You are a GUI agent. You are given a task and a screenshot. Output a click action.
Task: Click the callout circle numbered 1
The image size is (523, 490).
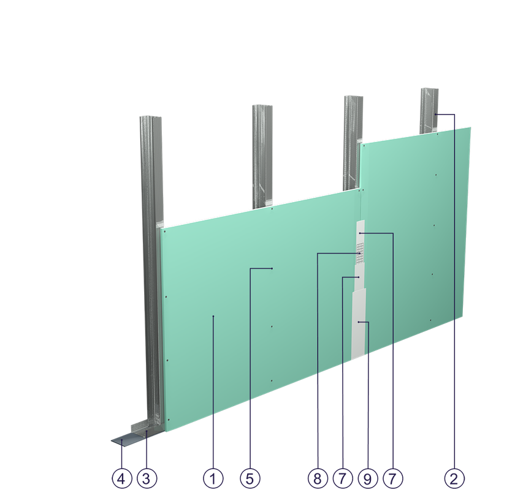[x=213, y=479]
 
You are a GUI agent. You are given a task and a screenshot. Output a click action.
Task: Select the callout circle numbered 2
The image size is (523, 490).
[x=454, y=479]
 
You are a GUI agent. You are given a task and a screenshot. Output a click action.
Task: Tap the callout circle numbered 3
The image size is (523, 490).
[x=147, y=479]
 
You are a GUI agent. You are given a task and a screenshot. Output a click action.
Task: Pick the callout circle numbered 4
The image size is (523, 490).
[x=122, y=479]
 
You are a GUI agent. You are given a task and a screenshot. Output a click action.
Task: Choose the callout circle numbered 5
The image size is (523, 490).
[x=250, y=479]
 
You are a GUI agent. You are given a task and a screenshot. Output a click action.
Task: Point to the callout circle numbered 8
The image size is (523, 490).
[x=318, y=479]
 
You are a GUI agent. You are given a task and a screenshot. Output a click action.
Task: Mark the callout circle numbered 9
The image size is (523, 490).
[x=367, y=479]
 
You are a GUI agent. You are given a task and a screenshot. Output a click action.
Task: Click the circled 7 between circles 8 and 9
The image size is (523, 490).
[x=343, y=479]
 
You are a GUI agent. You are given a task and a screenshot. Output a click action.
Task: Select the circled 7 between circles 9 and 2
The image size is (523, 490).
[x=393, y=479]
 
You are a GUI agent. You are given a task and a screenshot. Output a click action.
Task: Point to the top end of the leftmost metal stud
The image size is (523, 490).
[x=150, y=118]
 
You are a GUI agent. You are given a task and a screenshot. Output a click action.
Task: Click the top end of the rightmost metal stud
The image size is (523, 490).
[x=429, y=90]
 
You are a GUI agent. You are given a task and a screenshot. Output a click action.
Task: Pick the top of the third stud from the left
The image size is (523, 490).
[x=354, y=97]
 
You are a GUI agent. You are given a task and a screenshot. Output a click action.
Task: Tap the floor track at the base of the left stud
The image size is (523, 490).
[x=147, y=429]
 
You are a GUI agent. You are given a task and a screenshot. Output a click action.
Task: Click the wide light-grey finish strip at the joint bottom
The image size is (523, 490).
[x=359, y=324]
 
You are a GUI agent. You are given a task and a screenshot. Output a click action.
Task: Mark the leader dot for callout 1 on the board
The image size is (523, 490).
[x=213, y=316]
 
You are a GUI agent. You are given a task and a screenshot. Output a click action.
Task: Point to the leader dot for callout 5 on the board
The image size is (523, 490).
[x=272, y=268]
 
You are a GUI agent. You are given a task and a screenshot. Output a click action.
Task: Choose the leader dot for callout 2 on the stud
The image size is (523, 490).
[x=435, y=115]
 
